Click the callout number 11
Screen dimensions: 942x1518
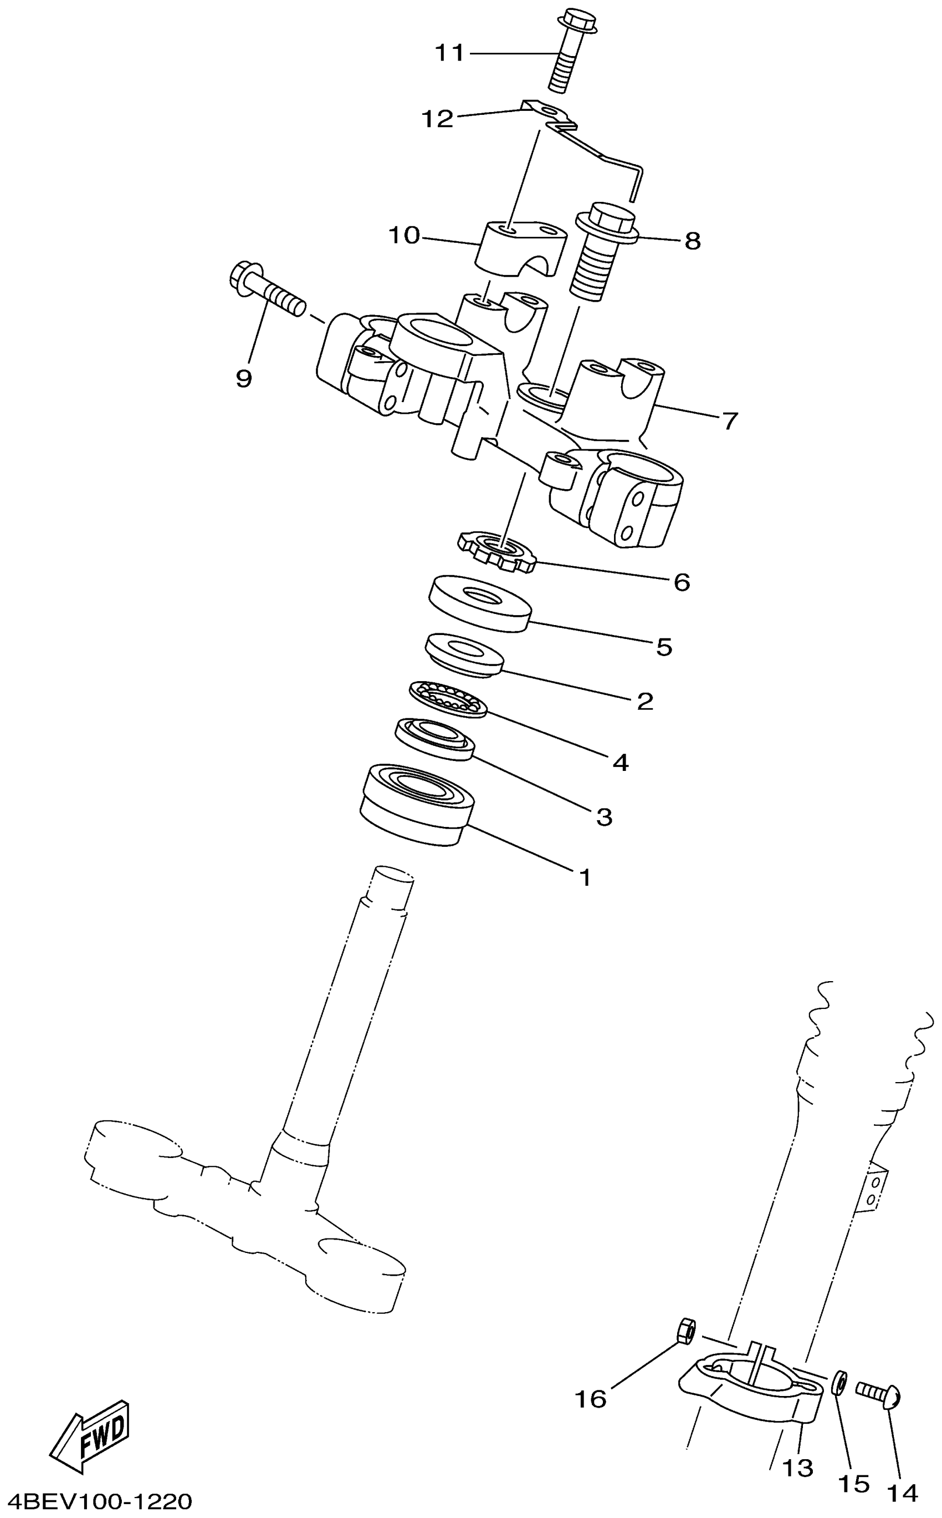point(449,54)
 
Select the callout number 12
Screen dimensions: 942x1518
point(437,119)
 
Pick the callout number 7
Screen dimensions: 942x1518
point(730,421)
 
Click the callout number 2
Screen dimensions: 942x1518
point(645,702)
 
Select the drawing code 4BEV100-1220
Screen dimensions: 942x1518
point(96,1499)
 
